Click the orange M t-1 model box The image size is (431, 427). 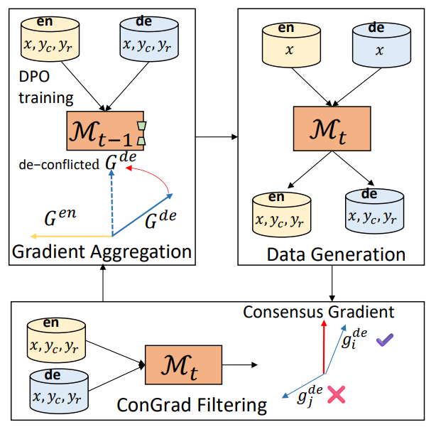coord(105,131)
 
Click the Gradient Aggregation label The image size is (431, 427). coord(102,252)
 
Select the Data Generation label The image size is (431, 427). coord(333,254)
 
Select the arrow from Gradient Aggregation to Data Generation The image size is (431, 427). coord(216,135)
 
